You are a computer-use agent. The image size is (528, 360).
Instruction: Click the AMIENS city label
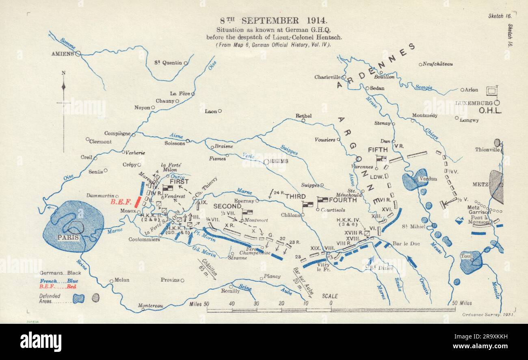pos(63,54)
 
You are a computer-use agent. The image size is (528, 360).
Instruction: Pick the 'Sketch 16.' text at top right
pos(500,16)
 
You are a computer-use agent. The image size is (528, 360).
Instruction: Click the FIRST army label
pos(179,182)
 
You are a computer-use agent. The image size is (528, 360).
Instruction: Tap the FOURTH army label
pos(342,200)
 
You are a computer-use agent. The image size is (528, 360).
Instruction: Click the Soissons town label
pos(174,143)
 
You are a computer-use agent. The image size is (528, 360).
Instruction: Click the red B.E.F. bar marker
pos(138,202)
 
